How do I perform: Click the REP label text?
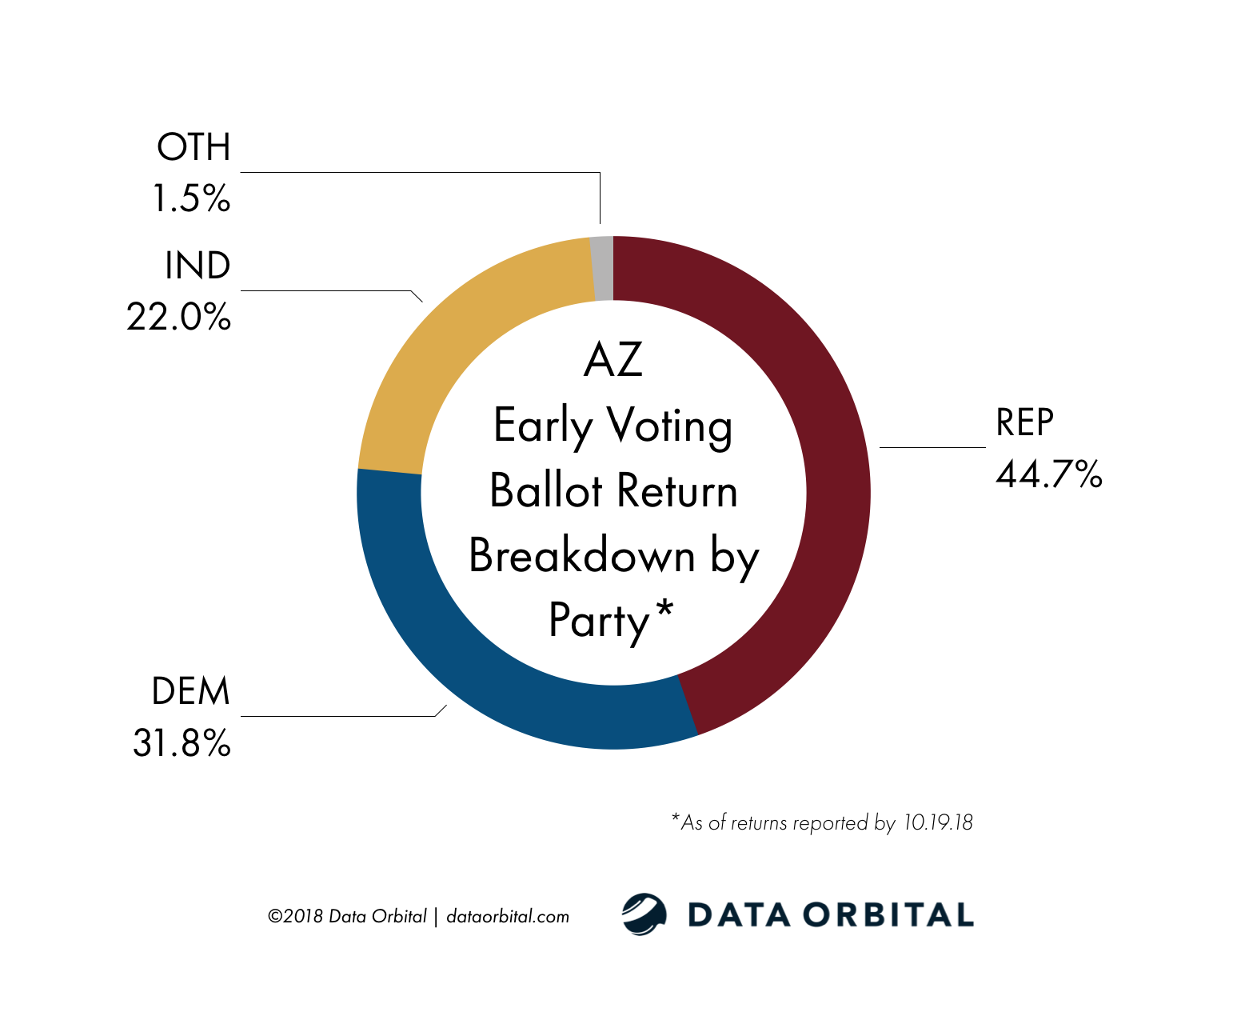(x=1024, y=422)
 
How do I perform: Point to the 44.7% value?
(x=1048, y=474)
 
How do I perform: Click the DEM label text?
(x=190, y=691)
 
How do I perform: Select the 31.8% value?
(x=182, y=743)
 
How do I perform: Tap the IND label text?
(x=198, y=266)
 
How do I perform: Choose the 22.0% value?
(x=178, y=318)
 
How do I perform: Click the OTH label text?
(x=194, y=147)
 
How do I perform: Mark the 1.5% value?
(x=191, y=198)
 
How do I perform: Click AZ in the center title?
(x=613, y=360)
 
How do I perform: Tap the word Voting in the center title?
(x=668, y=426)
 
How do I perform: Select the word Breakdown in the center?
(x=582, y=555)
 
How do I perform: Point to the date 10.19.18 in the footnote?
(x=938, y=822)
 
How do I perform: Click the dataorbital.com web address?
(x=508, y=916)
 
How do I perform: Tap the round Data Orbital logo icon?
(x=644, y=914)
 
